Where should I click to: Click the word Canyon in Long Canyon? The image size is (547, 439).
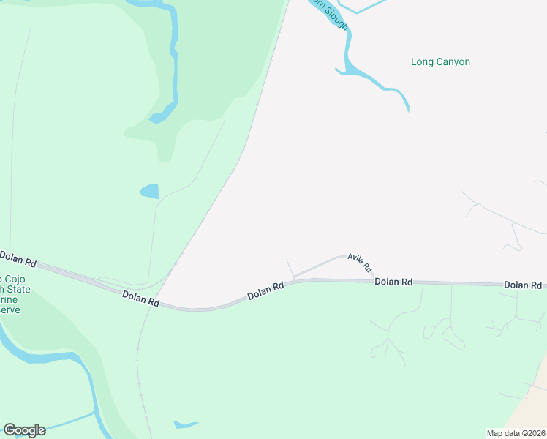[453, 62]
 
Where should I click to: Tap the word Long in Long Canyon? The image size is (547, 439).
[422, 62]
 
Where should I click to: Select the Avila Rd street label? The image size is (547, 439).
[360, 263]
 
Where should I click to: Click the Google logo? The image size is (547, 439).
[24, 430]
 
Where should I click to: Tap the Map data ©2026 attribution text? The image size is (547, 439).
[516, 432]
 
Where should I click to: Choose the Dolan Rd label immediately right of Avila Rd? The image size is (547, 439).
[393, 282]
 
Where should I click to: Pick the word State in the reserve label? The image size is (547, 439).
[18, 290]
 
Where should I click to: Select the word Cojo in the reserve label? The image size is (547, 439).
[11, 279]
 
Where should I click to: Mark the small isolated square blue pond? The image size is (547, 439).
[149, 192]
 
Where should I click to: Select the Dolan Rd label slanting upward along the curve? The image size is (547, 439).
[265, 291]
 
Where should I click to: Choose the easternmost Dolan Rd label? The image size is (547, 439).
[523, 285]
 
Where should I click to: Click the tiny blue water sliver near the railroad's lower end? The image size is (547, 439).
[185, 424]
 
